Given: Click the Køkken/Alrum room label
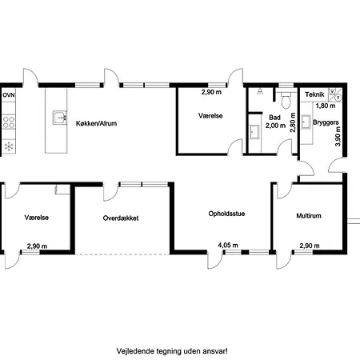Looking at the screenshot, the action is tap(96, 123).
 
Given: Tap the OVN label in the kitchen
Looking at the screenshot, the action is tap(9, 95).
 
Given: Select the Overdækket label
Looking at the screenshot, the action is tap(121, 218).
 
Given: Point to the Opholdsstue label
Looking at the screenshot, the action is tap(226, 214).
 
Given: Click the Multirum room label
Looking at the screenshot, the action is tap(309, 216).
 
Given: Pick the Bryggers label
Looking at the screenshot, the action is tap(326, 122).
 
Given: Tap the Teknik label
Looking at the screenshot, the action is tap(314, 94).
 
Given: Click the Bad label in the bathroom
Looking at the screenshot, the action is tap(274, 118).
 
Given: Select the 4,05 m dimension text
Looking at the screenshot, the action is tap(228, 246).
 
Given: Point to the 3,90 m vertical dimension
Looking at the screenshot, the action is tap(338, 136).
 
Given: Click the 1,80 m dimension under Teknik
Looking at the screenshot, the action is tap(326, 106).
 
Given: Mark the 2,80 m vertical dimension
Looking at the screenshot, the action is tap(293, 122).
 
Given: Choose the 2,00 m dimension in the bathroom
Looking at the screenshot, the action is tap(275, 126).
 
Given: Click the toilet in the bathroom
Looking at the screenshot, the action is tap(286, 99).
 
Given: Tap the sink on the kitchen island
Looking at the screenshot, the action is tap(60, 118).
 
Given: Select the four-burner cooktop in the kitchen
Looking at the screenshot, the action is tap(9, 122).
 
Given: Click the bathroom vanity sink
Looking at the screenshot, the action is tap(254, 132).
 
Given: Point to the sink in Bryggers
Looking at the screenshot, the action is tap(306, 122).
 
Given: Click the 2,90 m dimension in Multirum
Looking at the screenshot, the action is tap(310, 246).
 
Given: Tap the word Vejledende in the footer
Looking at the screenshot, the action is tap(131, 351).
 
